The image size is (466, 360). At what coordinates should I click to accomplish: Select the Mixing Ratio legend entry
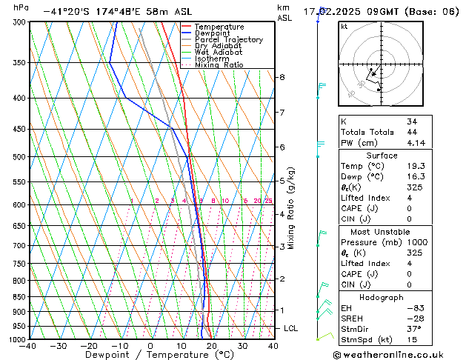click(219, 65)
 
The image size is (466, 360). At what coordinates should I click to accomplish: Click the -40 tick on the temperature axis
click(29, 345)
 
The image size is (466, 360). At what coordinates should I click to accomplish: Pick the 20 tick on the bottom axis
click(212, 345)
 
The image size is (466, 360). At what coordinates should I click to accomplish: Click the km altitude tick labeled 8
click(282, 77)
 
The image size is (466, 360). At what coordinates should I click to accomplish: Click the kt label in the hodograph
click(344, 26)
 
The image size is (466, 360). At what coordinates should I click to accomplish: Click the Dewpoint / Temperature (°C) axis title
click(151, 355)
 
